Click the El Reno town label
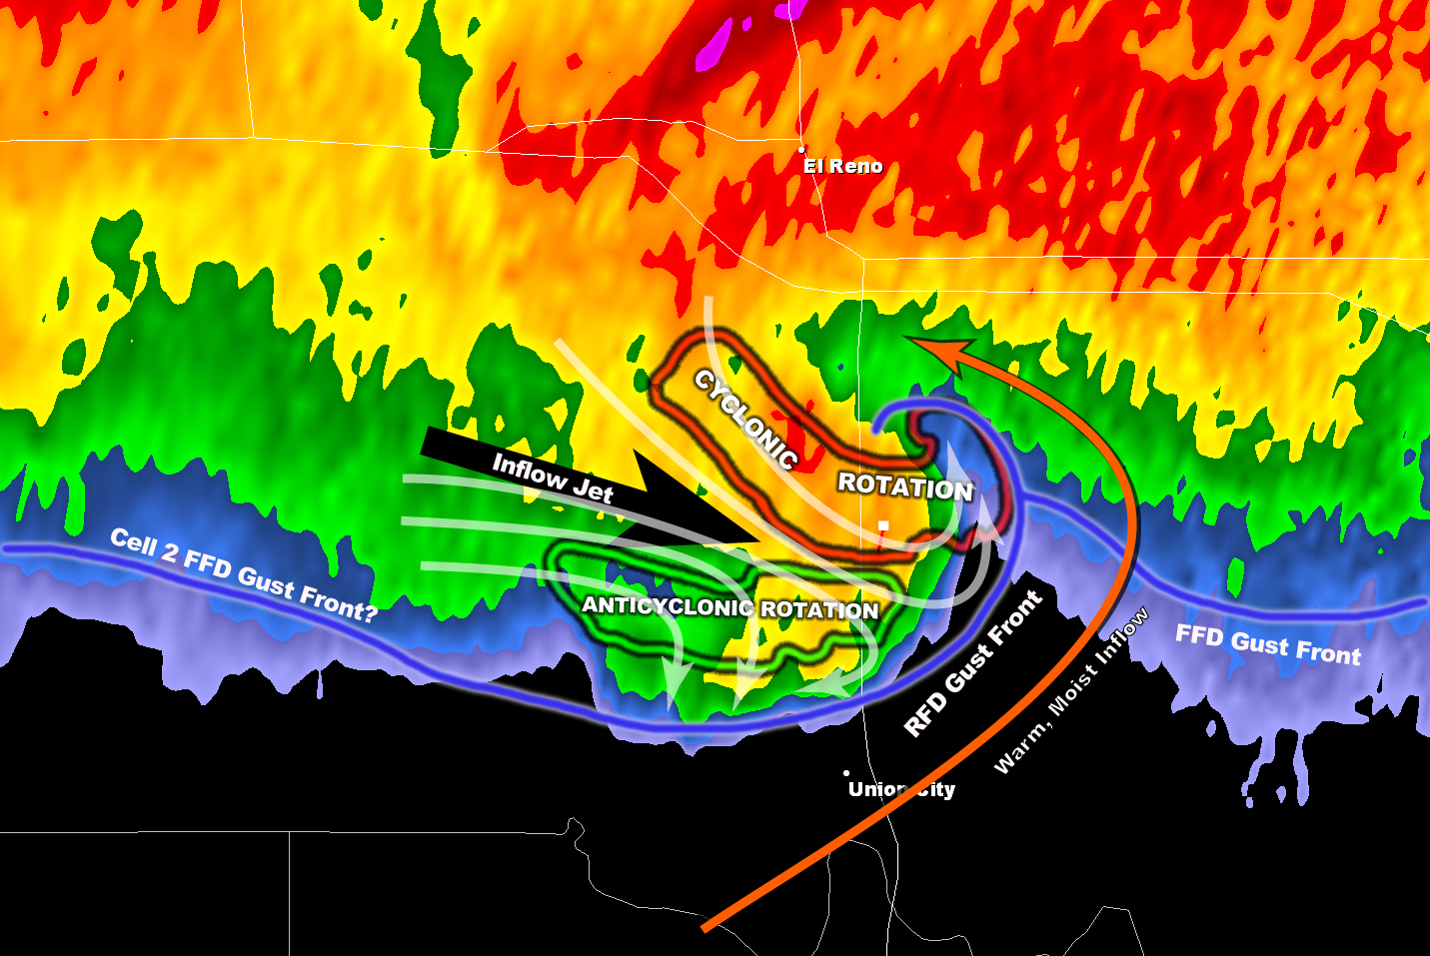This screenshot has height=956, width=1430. [843, 166]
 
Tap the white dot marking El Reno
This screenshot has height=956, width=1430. [801, 149]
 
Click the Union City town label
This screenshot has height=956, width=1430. [901, 789]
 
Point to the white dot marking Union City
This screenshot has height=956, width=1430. [846, 773]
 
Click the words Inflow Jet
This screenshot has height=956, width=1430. [553, 477]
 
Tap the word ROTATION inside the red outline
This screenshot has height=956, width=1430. [904, 486]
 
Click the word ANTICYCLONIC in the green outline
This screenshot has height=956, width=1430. [668, 606]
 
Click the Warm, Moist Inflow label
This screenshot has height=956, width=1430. [1071, 691]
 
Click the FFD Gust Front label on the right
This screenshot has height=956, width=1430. [1267, 645]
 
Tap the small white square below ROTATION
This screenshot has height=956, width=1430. [883, 525]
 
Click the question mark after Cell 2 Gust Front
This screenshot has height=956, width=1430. [369, 610]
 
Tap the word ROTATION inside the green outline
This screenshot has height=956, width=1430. [819, 609]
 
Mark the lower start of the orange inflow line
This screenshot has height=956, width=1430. [706, 929]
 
